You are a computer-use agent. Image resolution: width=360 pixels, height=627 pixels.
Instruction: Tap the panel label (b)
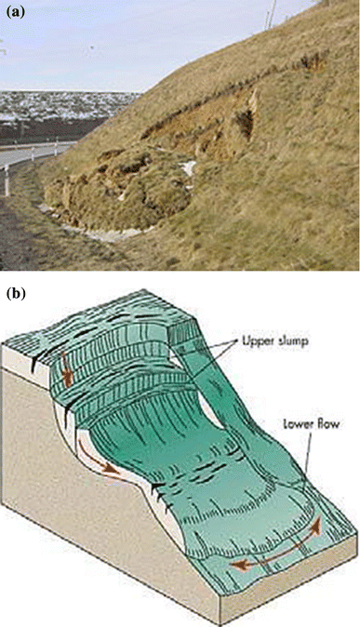[x=13, y=295]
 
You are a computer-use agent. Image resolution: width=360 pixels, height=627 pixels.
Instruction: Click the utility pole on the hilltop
[x=273, y=12]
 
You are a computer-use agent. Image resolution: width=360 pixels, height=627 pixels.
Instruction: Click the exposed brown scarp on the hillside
[x=186, y=140]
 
